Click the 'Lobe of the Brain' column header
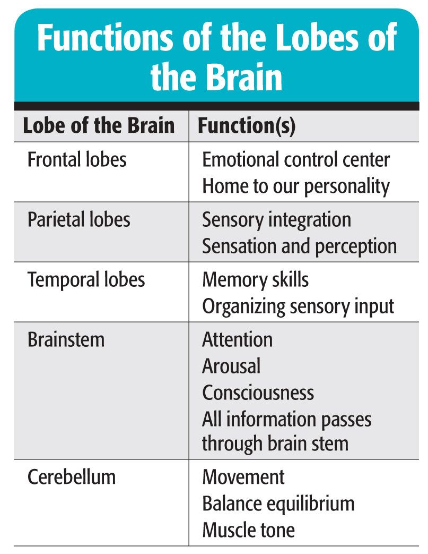[99, 126]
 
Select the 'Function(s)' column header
[247, 126]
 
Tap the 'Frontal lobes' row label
[77, 159]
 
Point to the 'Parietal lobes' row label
[78, 219]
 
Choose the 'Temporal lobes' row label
[86, 280]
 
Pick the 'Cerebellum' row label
[71, 476]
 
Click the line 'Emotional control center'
[296, 159]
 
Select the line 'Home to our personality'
[296, 186]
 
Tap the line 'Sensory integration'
[276, 219]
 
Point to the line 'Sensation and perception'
[299, 246]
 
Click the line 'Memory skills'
[255, 280]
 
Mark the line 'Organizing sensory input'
[298, 306]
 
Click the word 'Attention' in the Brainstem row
[237, 340]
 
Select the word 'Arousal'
[231, 367]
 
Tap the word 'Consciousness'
[258, 393]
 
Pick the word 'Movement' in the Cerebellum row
[243, 476]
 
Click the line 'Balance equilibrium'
[278, 503]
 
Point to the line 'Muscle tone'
[248, 530]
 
